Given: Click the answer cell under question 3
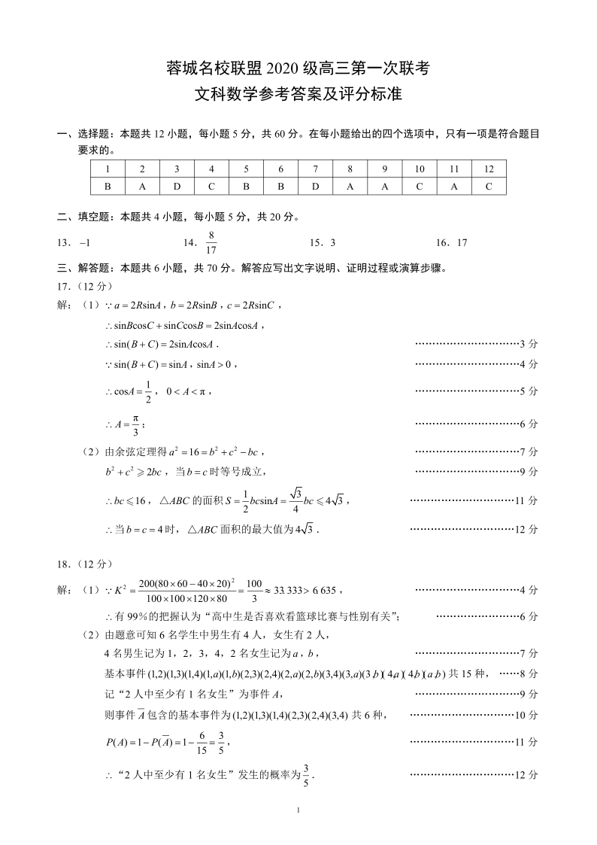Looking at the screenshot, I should [177, 187].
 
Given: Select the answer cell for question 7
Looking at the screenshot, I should [316, 187].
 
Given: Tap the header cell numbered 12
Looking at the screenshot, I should [489, 169].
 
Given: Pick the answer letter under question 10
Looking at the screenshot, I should [420, 187].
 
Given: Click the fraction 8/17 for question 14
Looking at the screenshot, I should [211, 243].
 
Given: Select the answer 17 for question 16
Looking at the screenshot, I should [462, 243].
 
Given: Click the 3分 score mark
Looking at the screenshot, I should [529, 344].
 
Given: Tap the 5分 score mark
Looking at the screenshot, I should [529, 391].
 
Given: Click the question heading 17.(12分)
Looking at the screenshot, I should [84, 287].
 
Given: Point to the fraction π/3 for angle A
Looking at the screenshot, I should [135, 424].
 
